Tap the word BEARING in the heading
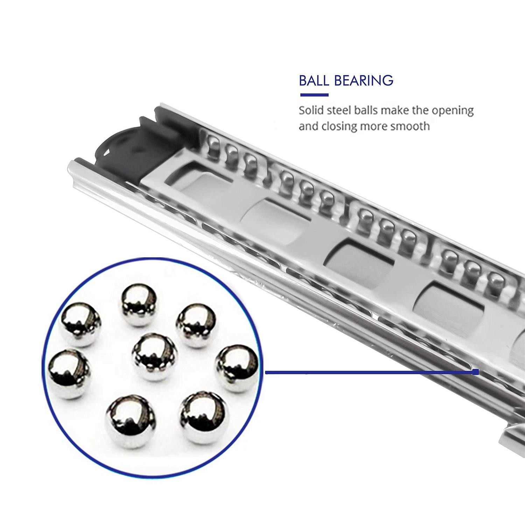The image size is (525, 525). tap(364, 80)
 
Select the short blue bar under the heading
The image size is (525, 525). tap(314, 95)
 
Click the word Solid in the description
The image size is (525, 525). tap(311, 111)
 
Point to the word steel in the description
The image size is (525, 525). tap(340, 111)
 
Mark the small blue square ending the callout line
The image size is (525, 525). tap(475, 372)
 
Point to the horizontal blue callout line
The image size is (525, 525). tap(367, 373)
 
